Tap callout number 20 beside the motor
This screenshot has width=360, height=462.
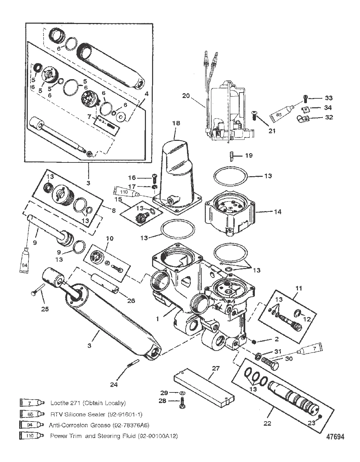coord(186,96)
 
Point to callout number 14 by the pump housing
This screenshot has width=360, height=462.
coord(277,212)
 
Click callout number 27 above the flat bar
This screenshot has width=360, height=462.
coord(215,368)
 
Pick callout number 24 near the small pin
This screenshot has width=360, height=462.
coord(114,385)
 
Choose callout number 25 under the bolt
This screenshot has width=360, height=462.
coord(45,308)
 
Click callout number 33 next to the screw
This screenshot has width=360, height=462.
coord(328,98)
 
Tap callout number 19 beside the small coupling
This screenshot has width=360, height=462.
coord(249,155)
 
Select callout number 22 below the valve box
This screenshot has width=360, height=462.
coord(267,423)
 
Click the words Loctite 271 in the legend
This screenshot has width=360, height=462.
coord(88,403)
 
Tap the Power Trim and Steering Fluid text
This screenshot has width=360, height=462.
coord(114,436)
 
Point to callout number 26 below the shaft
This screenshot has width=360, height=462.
coord(131,301)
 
